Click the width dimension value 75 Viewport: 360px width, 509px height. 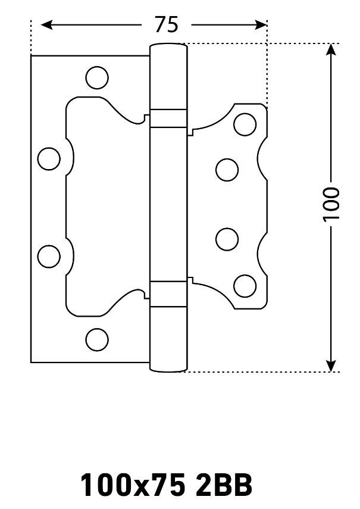[x=167, y=24]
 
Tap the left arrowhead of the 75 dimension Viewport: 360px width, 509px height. [x=46, y=24]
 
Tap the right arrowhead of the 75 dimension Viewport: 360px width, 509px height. [x=261, y=24]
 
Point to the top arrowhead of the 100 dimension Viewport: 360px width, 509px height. [x=331, y=49]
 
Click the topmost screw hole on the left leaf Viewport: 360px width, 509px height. [x=97, y=77]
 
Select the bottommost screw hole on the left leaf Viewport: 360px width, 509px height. [x=97, y=339]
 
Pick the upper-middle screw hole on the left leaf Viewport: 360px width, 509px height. [x=49, y=159]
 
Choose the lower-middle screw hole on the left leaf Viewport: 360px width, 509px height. [x=49, y=256]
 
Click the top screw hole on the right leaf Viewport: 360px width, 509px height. [x=245, y=124]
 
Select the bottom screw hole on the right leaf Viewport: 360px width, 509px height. [x=245, y=286]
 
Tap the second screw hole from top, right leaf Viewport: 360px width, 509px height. [x=227, y=170]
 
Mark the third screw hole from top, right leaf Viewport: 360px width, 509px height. [x=227, y=239]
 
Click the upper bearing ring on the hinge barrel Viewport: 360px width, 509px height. [x=168, y=118]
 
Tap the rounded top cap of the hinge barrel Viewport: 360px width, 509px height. [x=168, y=47]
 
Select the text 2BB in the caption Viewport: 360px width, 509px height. [x=223, y=485]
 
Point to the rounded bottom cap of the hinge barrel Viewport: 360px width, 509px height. [x=168, y=367]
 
